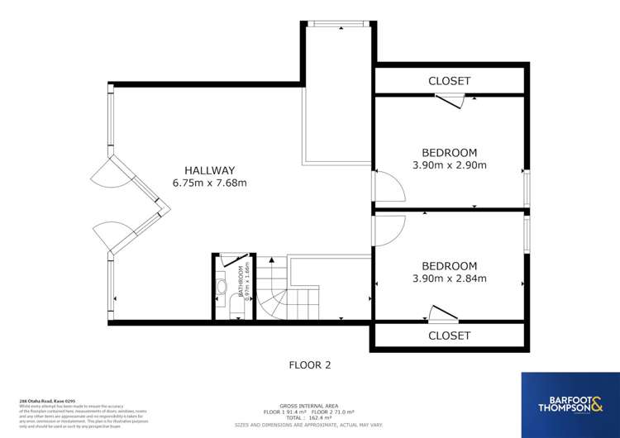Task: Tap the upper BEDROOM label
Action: (449, 152)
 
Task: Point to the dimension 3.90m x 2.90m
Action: (449, 165)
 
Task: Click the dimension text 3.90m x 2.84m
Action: (449, 279)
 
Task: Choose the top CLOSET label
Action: (449, 81)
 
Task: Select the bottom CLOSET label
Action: (449, 336)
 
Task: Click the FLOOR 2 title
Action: (310, 364)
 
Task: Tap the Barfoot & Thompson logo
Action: (570, 405)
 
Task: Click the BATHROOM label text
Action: (241, 282)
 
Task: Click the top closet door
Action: (451, 100)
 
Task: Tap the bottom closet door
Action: (443, 315)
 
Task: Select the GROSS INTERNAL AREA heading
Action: (310, 405)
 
